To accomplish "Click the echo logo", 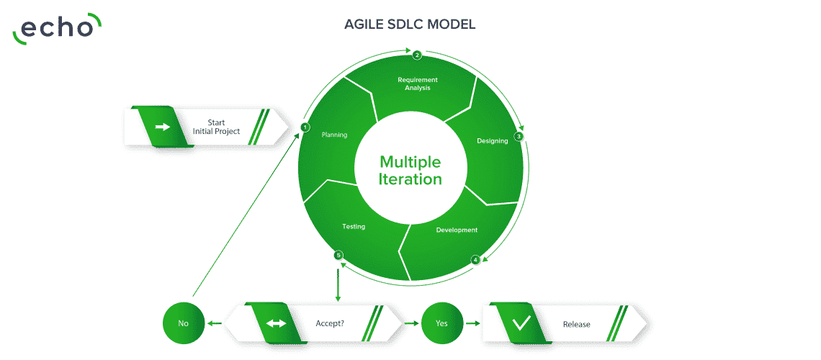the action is [x=57, y=29].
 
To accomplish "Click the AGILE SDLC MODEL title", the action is [x=410, y=24].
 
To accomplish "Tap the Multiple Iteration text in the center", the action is [x=410, y=170].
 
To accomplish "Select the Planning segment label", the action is [x=334, y=135].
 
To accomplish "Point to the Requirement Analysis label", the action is [x=417, y=84].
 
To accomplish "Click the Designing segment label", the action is [x=492, y=140].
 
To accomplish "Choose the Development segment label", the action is [x=457, y=230].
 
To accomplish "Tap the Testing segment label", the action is [x=354, y=227].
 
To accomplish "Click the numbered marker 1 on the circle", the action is [x=305, y=127].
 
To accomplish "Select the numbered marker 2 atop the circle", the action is [x=417, y=55].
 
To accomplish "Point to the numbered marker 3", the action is [x=519, y=137].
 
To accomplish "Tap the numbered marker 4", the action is [x=475, y=259].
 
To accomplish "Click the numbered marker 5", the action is [x=338, y=256].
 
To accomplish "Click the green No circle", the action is [x=183, y=323].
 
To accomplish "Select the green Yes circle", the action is [x=442, y=323].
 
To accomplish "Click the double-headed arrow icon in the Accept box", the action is [x=277, y=323].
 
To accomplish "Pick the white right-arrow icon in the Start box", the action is [x=163, y=127].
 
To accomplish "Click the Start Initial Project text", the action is [x=216, y=127].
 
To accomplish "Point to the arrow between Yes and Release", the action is [x=473, y=323].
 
